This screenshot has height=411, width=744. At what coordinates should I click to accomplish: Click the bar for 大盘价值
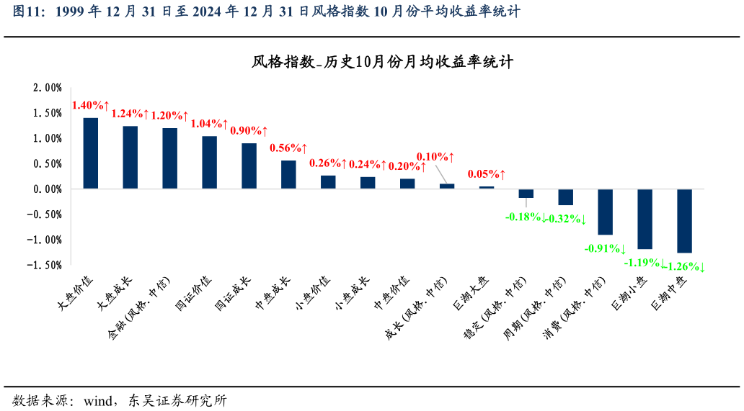pos(91,153)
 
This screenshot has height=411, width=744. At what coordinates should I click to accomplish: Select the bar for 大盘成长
pos(130,158)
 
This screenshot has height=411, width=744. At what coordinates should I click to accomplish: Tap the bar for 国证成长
pos(249,166)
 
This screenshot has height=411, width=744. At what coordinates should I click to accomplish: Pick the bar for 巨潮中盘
pos(684,220)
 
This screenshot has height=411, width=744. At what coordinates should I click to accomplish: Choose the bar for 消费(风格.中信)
pos(605,212)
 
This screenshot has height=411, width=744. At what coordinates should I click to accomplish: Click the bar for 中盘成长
pos(288,174)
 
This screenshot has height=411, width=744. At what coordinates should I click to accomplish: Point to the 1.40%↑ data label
pos(90,106)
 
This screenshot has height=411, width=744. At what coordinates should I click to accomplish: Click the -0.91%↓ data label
pos(605,248)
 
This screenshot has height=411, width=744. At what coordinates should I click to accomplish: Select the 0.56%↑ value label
pos(288,148)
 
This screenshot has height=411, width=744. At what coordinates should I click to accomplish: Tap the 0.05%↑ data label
pos(487,174)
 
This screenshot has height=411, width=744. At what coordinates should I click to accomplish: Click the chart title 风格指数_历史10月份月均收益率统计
pos(382,63)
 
